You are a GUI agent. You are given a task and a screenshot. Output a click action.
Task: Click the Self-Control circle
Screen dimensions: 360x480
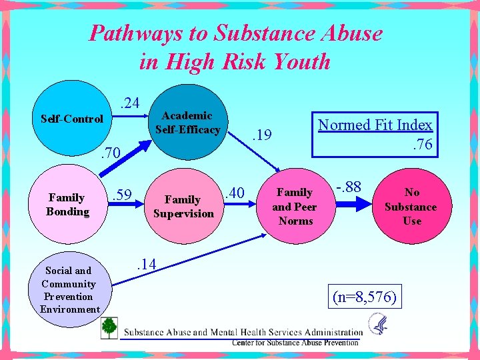tap(72, 120)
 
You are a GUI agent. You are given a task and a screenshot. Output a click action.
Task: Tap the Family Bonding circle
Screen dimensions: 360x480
tap(67, 205)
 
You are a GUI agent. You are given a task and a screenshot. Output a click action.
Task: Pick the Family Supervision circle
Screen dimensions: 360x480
tap(183, 207)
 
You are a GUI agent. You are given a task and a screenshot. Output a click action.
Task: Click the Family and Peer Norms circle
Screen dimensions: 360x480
tap(295, 207)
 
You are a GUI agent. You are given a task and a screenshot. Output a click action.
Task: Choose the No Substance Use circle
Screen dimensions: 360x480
tap(411, 207)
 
